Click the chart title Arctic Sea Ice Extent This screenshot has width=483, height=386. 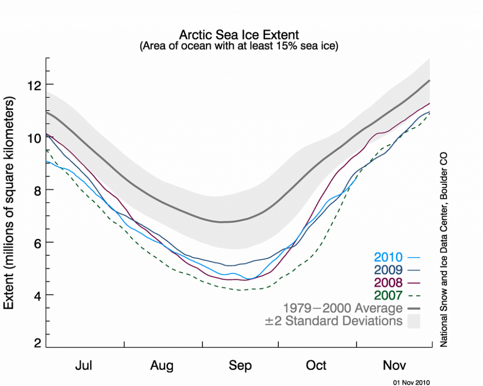click(x=239, y=35)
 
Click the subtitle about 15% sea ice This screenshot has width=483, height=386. click(x=239, y=47)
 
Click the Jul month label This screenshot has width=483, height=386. click(x=84, y=365)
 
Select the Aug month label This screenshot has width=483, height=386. click(x=162, y=365)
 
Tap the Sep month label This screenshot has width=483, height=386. click(x=241, y=365)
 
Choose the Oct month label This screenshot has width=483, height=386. click(x=316, y=365)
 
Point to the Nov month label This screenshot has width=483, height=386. click(x=395, y=365)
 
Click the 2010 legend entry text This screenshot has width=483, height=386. click(x=388, y=257)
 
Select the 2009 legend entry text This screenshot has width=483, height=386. click(x=388, y=270)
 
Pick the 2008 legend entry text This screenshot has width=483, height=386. click(x=388, y=283)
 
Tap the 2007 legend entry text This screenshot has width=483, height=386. click(x=388, y=296)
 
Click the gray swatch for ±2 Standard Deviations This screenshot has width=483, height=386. click(x=414, y=321)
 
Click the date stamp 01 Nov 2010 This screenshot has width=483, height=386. click(x=412, y=382)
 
